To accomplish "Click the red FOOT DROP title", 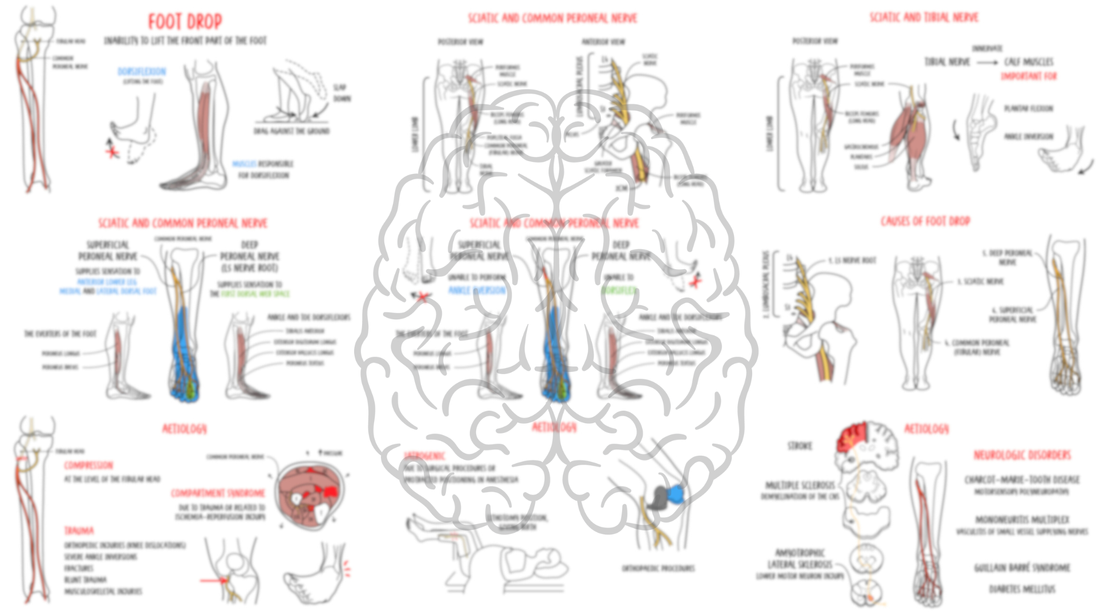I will tap(185, 22).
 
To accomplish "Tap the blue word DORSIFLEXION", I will tap(141, 71).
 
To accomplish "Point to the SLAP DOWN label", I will tap(342, 92).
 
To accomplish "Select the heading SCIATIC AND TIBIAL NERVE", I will tap(923, 18).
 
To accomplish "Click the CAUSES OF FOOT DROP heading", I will tap(925, 221).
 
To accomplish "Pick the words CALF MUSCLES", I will tap(1028, 62).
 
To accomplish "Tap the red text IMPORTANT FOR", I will tap(1028, 76).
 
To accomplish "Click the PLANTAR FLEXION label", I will tap(1028, 108).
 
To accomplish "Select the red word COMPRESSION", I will tap(88, 465).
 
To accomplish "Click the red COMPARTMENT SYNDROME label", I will tap(218, 493).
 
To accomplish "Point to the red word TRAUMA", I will tap(79, 531).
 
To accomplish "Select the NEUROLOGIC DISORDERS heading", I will tap(1021, 455).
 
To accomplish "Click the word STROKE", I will tap(799, 445).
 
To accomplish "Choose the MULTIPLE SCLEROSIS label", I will tap(799, 485).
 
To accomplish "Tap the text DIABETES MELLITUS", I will tap(1021, 589).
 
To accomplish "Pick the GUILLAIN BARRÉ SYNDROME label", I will tap(1021, 568).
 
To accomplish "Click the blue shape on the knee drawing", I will tap(676, 494).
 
